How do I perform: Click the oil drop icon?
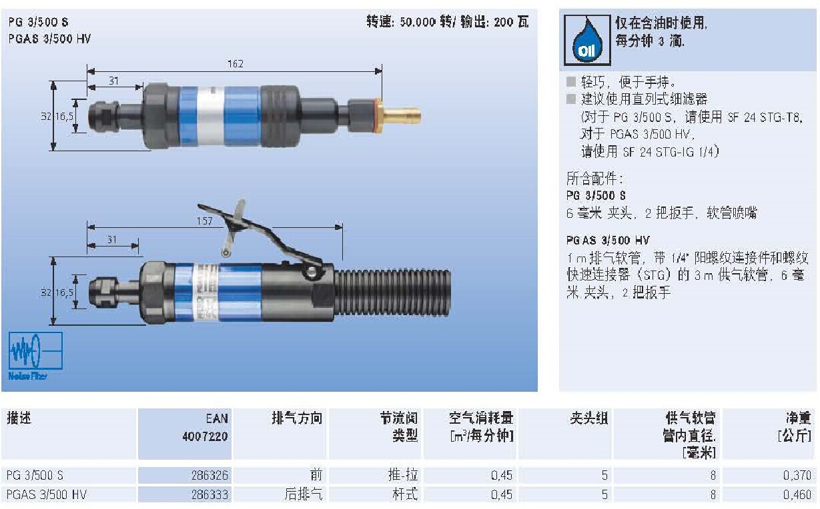tap(587, 40)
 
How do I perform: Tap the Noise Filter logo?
tap(35, 355)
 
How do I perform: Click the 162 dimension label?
tap(235, 64)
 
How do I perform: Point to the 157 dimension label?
tap(204, 221)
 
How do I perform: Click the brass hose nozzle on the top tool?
tap(402, 115)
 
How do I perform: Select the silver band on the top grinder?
tap(210, 116)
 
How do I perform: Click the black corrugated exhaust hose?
tap(392, 292)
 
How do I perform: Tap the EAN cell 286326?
tap(210, 475)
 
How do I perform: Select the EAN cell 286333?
tap(210, 494)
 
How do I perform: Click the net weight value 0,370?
tap(797, 475)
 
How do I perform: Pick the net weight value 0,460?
tap(797, 494)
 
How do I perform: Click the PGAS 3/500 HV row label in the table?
tap(47, 494)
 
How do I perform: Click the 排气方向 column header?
tap(297, 418)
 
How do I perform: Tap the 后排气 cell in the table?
tap(304, 494)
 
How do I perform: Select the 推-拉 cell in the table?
tap(403, 475)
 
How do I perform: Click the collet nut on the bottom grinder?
tap(103, 292)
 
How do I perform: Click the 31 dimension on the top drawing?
tap(113, 81)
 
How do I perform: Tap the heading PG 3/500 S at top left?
tap(38, 22)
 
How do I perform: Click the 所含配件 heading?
tap(594, 179)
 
